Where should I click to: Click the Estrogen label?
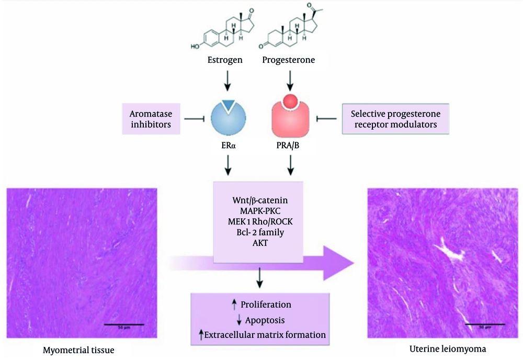pyautogui.click(x=225, y=60)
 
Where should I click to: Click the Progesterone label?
pyautogui.click(x=288, y=60)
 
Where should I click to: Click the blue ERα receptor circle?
pyautogui.click(x=228, y=121)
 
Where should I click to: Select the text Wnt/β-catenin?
pyautogui.click(x=258, y=200)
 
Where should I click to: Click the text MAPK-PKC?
pyautogui.click(x=258, y=211)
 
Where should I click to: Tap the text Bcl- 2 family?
pyautogui.click(x=258, y=231)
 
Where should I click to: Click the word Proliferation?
pyautogui.click(x=266, y=305)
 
